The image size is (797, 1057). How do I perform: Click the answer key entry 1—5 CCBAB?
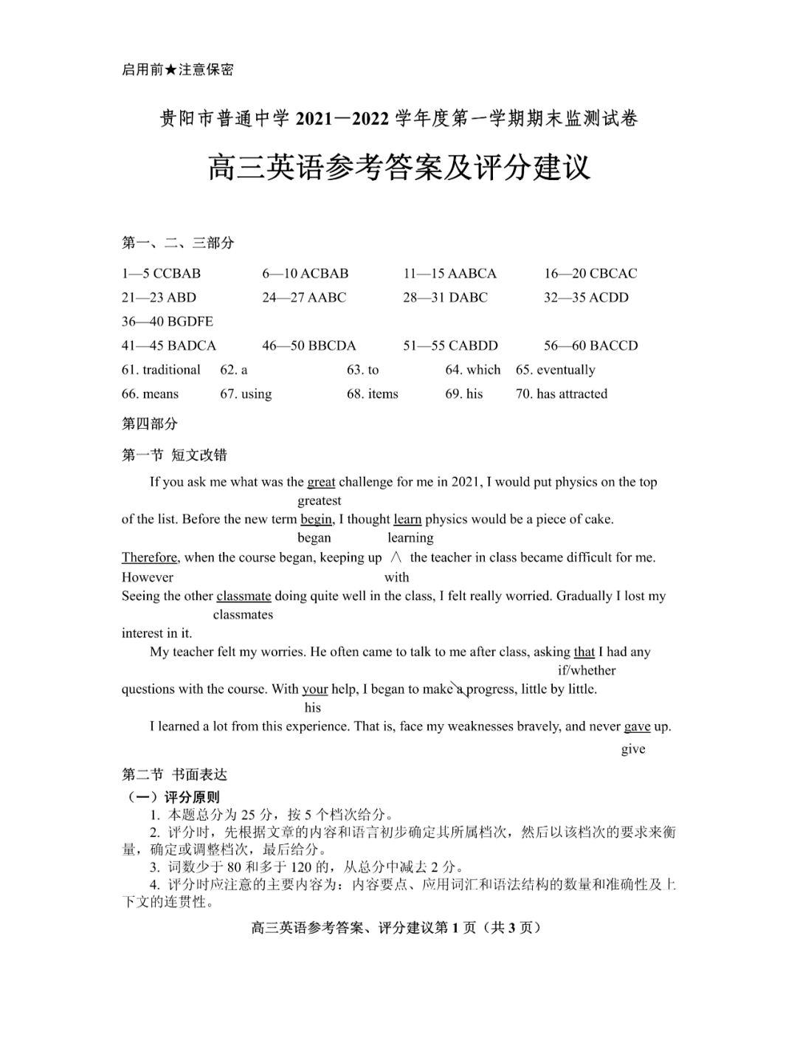tap(161, 274)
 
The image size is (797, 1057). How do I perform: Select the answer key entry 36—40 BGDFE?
tap(167, 322)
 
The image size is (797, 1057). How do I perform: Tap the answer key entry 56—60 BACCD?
tap(590, 346)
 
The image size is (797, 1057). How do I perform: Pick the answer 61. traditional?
tap(161, 370)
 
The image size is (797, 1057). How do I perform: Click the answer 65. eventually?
tap(555, 370)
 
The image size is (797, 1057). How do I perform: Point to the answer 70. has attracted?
tap(561, 394)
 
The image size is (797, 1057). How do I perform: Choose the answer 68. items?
tap(372, 394)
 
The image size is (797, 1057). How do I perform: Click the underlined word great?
tap(321, 482)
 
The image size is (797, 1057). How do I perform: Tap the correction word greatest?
tap(320, 501)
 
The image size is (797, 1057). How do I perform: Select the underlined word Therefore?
tap(150, 557)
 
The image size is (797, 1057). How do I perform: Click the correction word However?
tap(148, 577)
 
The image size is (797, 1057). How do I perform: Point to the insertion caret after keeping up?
tap(396, 558)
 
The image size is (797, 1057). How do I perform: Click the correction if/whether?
tap(587, 670)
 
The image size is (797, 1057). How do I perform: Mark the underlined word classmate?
tap(244, 596)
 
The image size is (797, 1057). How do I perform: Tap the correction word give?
tap(633, 749)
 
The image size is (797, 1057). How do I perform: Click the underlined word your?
tap(315, 689)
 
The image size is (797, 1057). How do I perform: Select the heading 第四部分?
tap(150, 424)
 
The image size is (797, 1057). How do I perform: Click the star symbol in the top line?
tap(170, 70)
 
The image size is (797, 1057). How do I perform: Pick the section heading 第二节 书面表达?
tap(174, 774)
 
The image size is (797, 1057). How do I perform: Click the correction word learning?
tap(410, 538)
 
